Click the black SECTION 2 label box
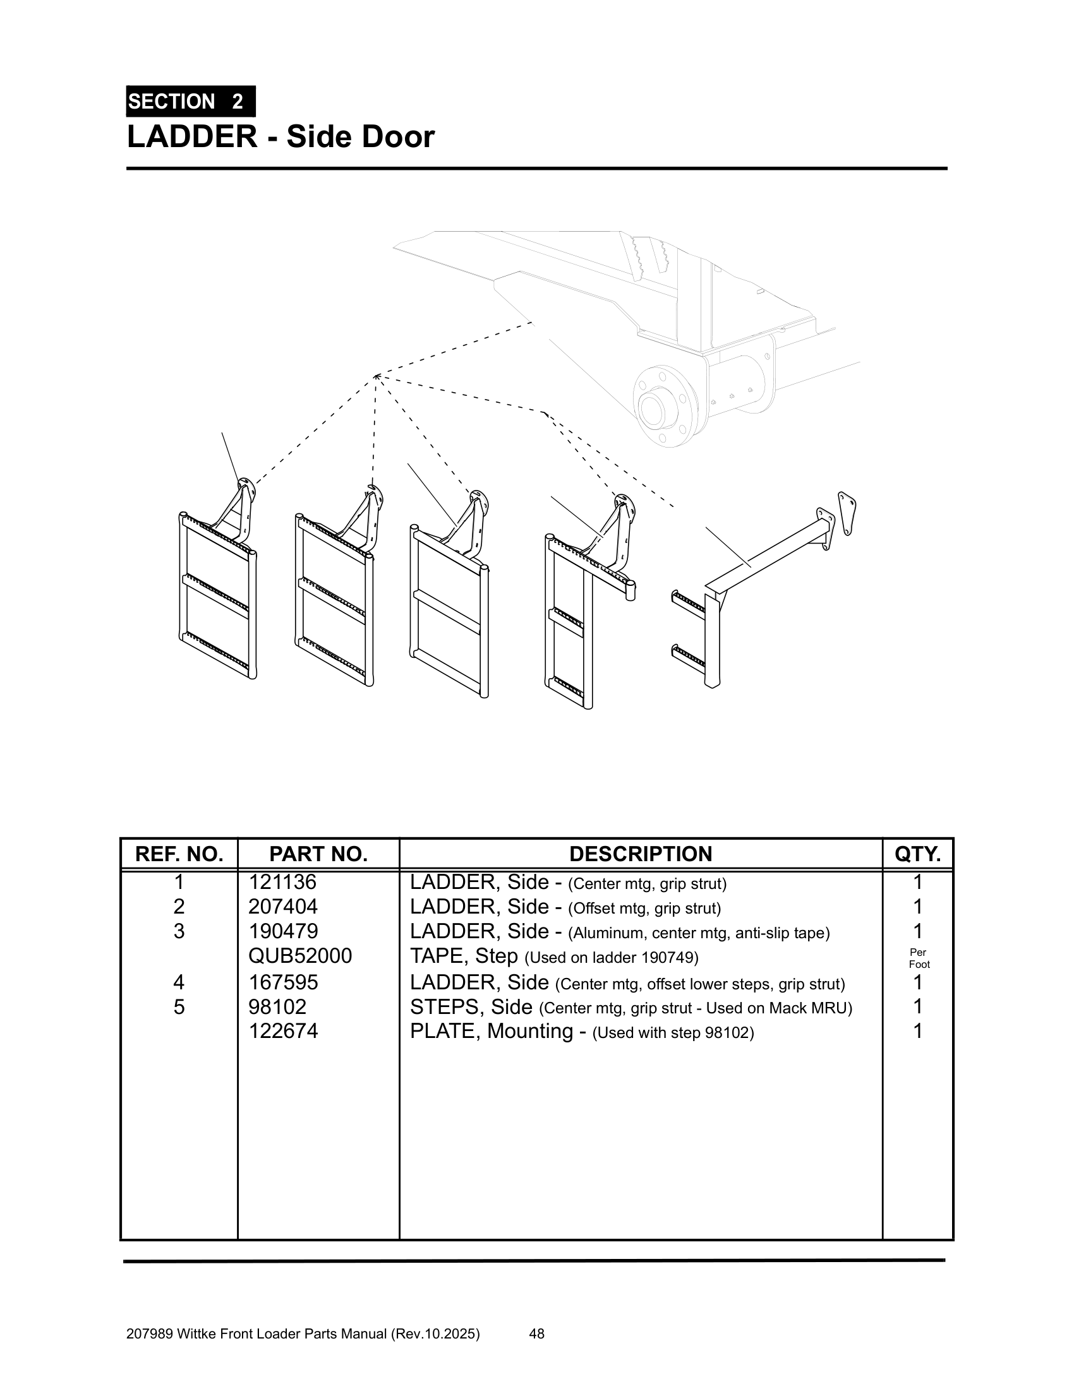[190, 101]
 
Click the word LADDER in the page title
[192, 137]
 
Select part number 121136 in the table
[282, 882]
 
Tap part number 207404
[282, 906]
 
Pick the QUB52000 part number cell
[299, 956]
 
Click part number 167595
[282, 982]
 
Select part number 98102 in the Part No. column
[277, 1007]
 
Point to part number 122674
[282, 1031]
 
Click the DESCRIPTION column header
[640, 854]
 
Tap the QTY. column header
[917, 854]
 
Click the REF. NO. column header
[179, 854]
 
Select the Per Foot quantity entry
[918, 958]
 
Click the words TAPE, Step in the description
[463, 956]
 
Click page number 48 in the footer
[536, 1333]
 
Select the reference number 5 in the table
[179, 1007]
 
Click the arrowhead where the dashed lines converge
[377, 376]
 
